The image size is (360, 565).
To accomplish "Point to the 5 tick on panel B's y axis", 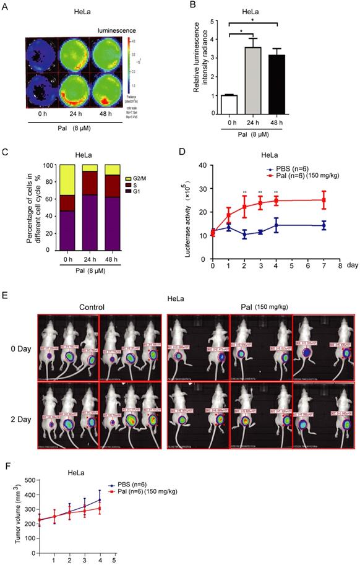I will tap(214, 22).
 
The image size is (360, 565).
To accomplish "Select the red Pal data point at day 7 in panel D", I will tap(323, 200).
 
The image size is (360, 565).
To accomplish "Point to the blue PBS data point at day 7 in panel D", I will tap(323, 226).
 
